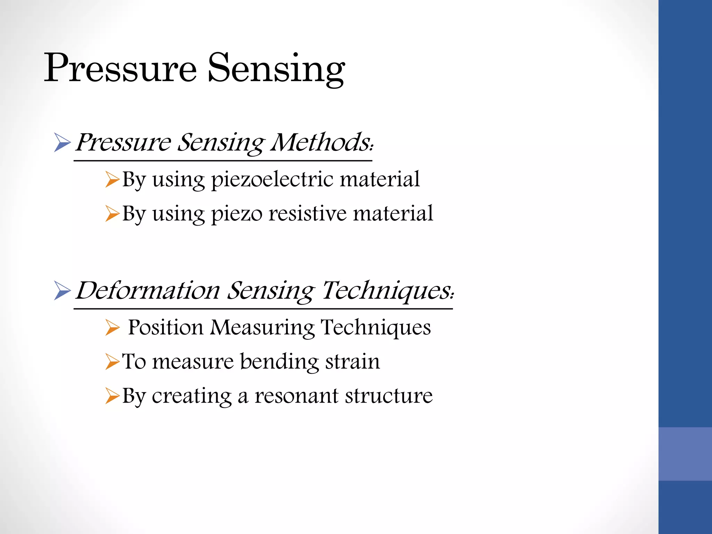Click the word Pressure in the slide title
coord(120,68)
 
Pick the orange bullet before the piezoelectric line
coord(112,180)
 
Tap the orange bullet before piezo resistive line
coord(112,213)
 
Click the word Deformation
coord(148,290)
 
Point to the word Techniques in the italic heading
coord(386,290)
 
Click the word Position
coord(165,328)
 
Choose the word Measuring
coord(262,328)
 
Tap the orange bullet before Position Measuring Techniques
coord(112,328)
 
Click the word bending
coord(279,362)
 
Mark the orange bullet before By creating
coord(112,396)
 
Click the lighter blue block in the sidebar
coord(685,454)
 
